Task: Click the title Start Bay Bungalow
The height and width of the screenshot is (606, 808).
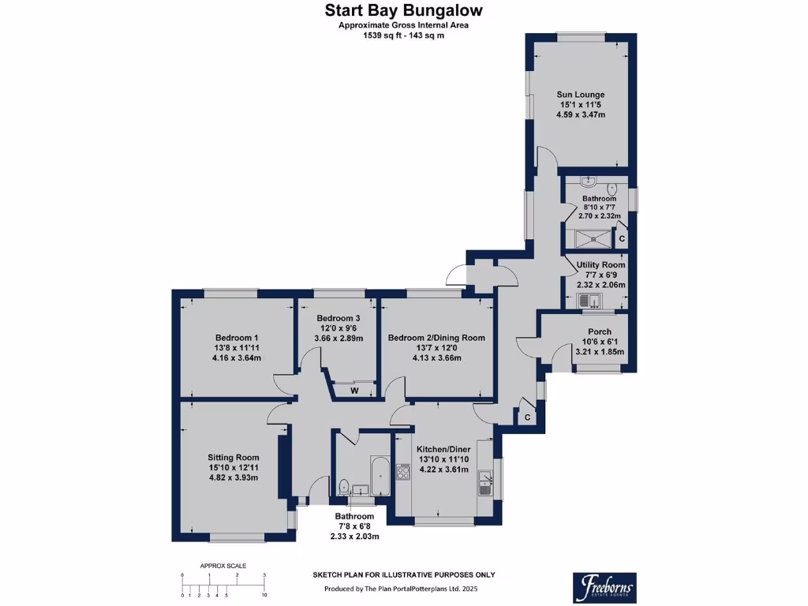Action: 403,10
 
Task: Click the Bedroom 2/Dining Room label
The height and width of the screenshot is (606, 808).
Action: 436,338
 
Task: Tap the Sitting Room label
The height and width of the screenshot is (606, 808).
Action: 233,457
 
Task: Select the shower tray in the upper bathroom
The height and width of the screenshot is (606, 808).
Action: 593,238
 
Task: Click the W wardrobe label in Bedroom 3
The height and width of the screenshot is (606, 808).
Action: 354,391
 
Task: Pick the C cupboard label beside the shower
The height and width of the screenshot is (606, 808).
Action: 622,238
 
